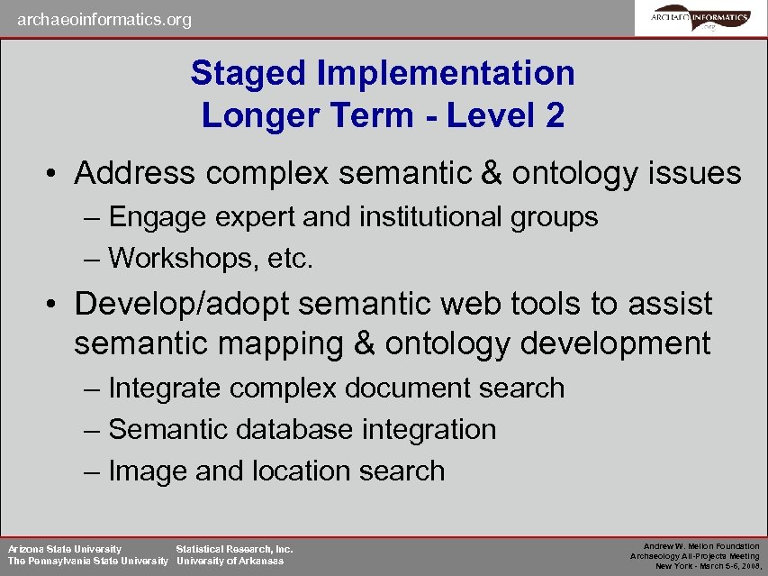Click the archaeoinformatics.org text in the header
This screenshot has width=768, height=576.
[104, 19]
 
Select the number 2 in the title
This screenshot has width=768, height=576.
[554, 115]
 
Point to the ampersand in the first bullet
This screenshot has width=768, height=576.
[492, 173]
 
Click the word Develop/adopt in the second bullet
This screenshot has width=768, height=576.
[181, 304]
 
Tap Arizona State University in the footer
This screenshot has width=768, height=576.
[65, 548]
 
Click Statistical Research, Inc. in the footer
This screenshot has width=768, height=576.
[234, 548]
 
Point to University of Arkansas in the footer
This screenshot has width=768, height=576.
[230, 562]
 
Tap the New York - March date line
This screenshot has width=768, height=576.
[707, 566]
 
